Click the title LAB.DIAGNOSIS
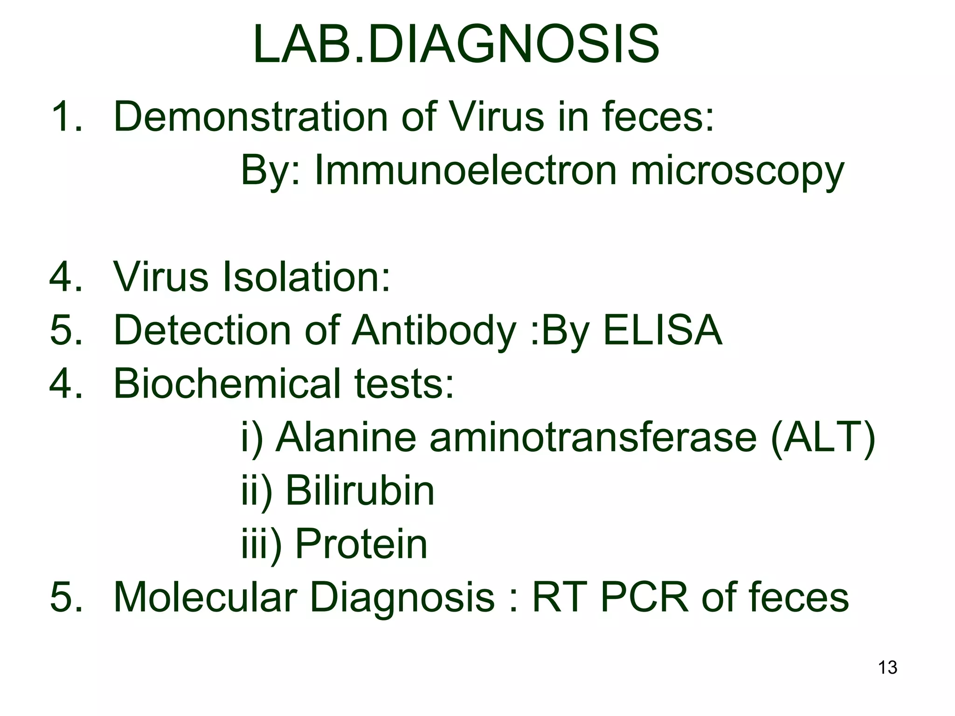click(x=456, y=46)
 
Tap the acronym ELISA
click(x=663, y=330)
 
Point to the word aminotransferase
click(x=593, y=438)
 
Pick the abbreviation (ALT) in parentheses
click(x=823, y=438)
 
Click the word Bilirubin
click(x=360, y=491)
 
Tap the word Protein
click(x=361, y=544)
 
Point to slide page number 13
click(x=887, y=668)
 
